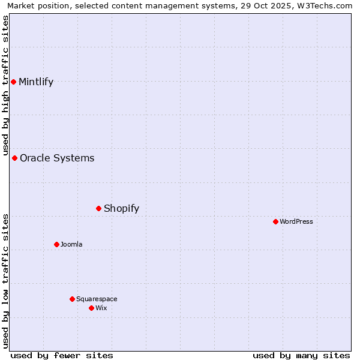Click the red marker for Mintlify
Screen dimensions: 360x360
[13, 82]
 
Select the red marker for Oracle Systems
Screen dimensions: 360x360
[14, 158]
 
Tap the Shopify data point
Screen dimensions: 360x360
[98, 208]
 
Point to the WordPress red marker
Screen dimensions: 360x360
[275, 221]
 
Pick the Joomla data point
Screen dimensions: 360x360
[56, 244]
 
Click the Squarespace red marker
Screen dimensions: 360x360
[72, 299]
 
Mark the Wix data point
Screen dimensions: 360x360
[91, 308]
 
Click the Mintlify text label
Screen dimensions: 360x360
[36, 82]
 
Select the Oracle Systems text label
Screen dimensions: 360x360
[57, 158]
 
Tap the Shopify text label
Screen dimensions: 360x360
[121, 209]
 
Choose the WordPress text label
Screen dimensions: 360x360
[296, 222]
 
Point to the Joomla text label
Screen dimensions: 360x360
[71, 245]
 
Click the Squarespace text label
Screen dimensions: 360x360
[97, 299]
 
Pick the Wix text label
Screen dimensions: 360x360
[101, 308]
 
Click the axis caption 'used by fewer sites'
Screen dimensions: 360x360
[62, 355]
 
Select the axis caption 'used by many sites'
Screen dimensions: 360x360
[301, 355]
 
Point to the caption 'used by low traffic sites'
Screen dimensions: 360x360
[5, 280]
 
